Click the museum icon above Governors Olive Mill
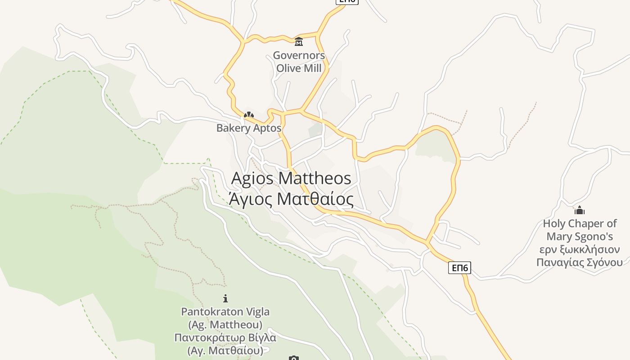[x=299, y=42]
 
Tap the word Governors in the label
[x=299, y=56]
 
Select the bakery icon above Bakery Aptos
[x=248, y=115]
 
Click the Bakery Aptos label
[x=248, y=128]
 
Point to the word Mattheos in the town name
[x=315, y=178]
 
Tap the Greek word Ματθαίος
[x=315, y=199]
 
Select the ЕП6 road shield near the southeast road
[x=459, y=268]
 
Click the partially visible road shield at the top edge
[x=347, y=1]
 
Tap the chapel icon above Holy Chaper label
[x=580, y=210]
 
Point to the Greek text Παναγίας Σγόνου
[x=580, y=262]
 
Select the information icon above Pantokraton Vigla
[x=225, y=298]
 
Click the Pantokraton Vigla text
[x=225, y=311]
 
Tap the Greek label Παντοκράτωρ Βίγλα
[x=225, y=337]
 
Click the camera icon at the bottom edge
[x=293, y=358]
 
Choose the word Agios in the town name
[x=252, y=178]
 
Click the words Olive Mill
[x=299, y=68]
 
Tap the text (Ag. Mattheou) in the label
[x=225, y=324]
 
